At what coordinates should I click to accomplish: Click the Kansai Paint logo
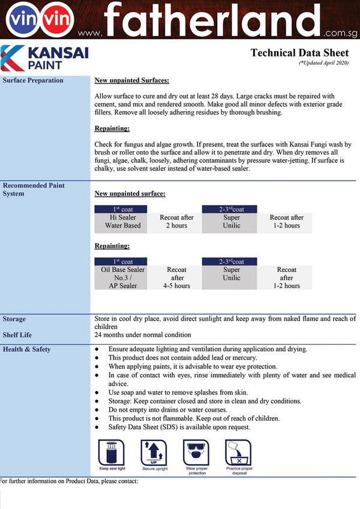[45, 58]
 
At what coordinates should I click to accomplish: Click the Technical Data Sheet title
[299, 53]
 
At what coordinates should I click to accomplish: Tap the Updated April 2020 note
[323, 62]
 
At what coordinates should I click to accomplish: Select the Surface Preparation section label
[32, 80]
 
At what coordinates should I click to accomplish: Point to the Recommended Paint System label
[33, 190]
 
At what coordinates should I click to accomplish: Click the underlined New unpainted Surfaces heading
[131, 80]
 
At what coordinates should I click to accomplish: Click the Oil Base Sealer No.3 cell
[123, 278]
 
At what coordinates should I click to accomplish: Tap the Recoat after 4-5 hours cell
[177, 278]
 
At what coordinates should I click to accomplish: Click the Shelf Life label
[17, 335]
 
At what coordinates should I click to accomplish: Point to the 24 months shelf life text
[143, 335]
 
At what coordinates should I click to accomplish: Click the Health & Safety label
[26, 349]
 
